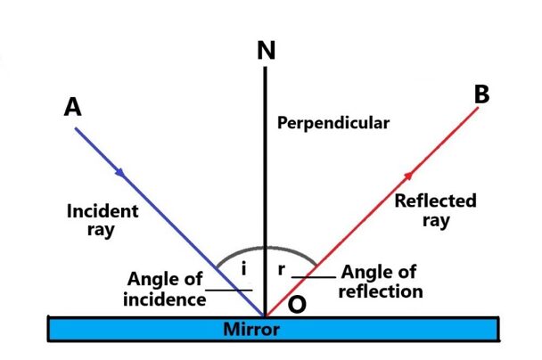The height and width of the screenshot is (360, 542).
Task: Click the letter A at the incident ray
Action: [73, 107]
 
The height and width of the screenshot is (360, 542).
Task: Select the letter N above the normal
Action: [265, 51]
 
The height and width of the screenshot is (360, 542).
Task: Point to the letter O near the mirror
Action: [298, 304]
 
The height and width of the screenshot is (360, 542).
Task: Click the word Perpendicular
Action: [333, 123]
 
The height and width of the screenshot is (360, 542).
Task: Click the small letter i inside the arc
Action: [243, 266]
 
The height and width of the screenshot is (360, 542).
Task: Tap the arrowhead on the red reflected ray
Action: [409, 174]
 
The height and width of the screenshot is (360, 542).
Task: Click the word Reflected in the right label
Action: [435, 201]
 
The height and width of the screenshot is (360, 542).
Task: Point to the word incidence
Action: [164, 299]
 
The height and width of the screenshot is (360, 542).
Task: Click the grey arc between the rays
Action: [264, 248]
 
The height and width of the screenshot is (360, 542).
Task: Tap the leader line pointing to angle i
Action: [229, 289]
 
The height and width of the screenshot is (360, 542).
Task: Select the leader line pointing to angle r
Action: [314, 278]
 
